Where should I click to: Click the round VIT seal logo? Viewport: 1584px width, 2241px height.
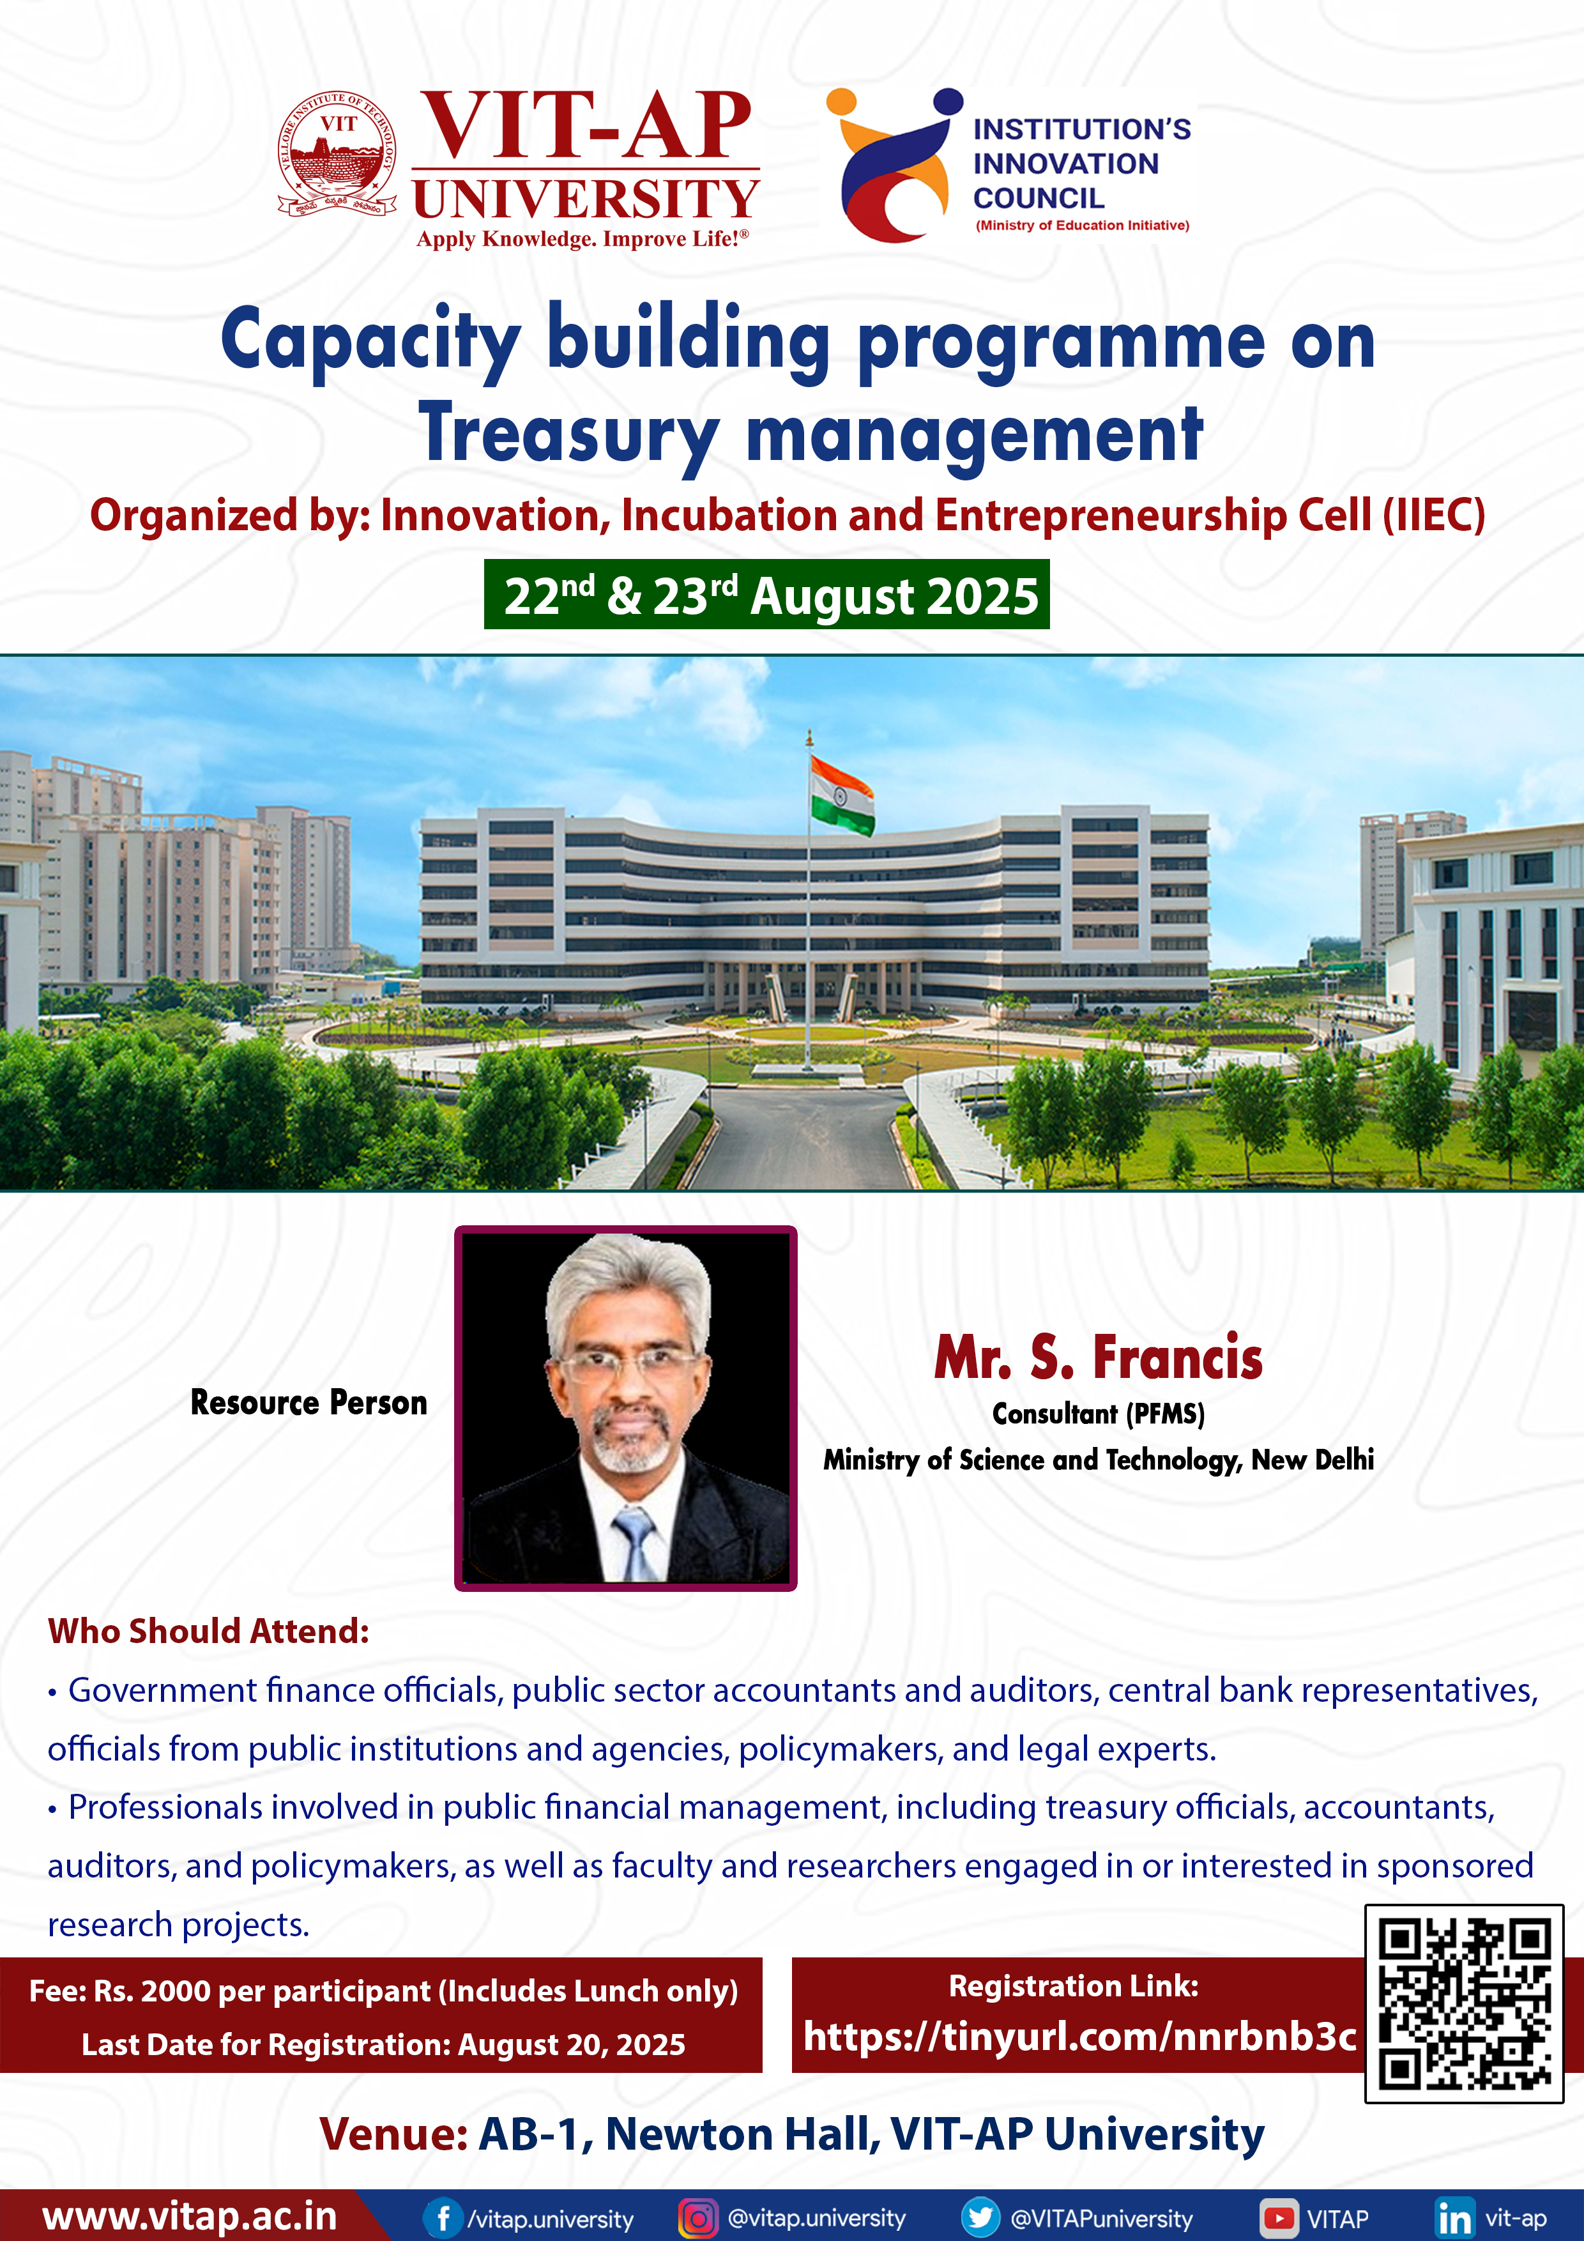pyautogui.click(x=338, y=154)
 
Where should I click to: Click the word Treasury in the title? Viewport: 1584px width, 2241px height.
pyautogui.click(x=569, y=432)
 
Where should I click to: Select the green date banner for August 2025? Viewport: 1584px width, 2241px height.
pyautogui.click(x=767, y=594)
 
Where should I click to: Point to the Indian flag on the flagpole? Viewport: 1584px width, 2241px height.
pyautogui.click(x=841, y=795)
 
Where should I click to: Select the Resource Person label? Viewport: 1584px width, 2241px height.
pyautogui.click(x=308, y=1403)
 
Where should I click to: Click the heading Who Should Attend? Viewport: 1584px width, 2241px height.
pyautogui.click(x=209, y=1631)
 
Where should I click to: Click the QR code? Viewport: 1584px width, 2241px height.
pyautogui.click(x=1464, y=2003)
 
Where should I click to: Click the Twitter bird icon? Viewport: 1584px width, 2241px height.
pyautogui.click(x=980, y=2217)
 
